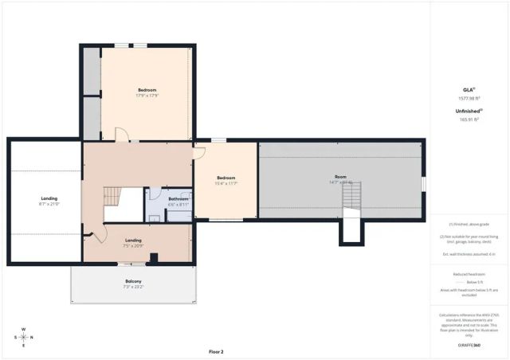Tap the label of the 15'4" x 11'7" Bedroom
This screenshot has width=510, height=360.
tap(226, 180)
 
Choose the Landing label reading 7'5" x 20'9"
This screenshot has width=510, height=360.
tap(133, 242)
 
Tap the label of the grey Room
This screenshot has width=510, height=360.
tap(340, 179)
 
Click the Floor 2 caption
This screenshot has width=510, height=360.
tap(216, 351)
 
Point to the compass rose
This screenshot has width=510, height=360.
tap(23, 337)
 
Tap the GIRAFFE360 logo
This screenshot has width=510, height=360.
tap(469, 345)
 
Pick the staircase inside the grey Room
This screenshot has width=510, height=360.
tap(347, 194)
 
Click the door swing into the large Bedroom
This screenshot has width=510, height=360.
tap(122, 135)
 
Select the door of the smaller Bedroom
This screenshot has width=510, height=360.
tap(199, 152)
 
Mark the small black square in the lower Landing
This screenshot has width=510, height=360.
tap(155, 257)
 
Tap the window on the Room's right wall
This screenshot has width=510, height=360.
tap(423, 183)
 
